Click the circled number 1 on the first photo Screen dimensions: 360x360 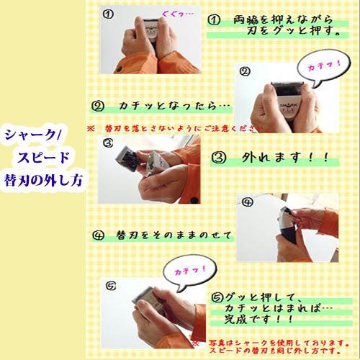(x=107, y=13)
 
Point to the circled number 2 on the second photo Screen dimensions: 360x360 (x=244, y=71)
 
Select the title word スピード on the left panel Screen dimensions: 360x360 (x=43, y=156)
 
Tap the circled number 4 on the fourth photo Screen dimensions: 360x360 (x=247, y=202)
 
